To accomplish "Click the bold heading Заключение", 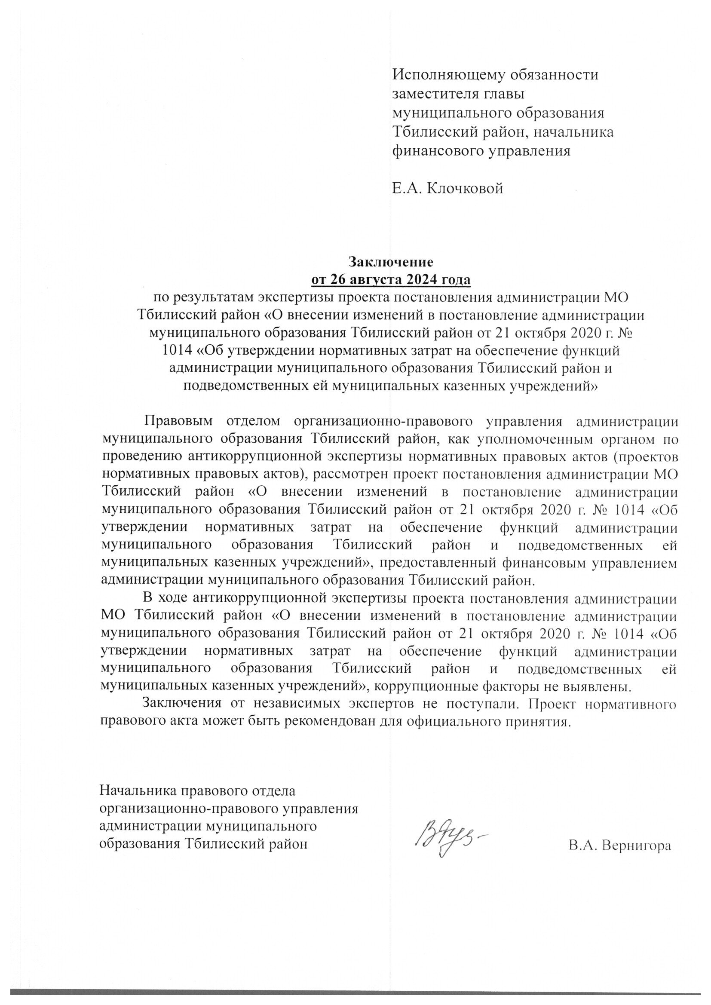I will click(x=390, y=262).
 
